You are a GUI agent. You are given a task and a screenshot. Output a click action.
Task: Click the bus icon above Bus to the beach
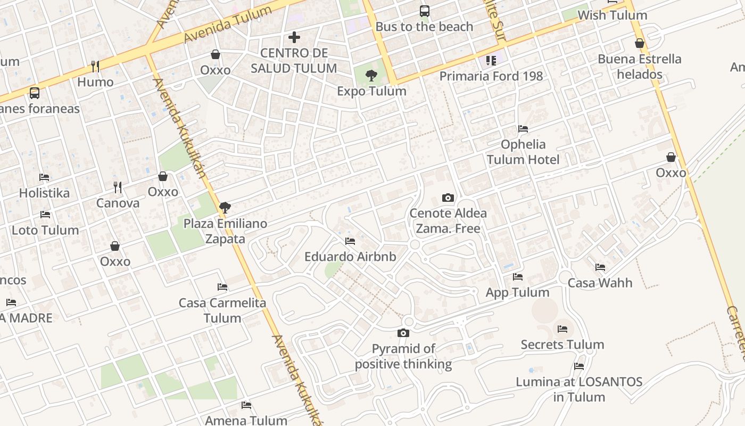click(x=424, y=11)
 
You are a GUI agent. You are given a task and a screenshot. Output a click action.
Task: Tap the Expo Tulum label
click(x=371, y=91)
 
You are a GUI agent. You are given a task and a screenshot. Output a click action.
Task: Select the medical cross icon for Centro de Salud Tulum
click(x=294, y=37)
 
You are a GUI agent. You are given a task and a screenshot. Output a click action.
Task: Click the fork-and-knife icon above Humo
click(x=95, y=66)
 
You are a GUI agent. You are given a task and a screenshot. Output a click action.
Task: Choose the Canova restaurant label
click(x=118, y=203)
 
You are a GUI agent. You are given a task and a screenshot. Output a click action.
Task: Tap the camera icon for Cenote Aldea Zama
click(x=448, y=198)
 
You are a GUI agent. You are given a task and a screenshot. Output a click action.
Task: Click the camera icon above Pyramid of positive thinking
click(x=403, y=333)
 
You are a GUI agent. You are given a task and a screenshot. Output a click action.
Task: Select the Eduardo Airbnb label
click(x=350, y=257)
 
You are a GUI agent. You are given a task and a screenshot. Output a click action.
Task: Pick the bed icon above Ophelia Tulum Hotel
click(x=523, y=129)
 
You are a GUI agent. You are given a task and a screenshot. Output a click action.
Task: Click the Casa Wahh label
click(x=600, y=283)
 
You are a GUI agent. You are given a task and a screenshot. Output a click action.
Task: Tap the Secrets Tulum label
click(x=562, y=345)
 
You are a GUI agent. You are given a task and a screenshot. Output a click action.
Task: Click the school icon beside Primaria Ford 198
click(x=491, y=61)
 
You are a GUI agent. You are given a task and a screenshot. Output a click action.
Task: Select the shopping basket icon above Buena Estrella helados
click(x=640, y=43)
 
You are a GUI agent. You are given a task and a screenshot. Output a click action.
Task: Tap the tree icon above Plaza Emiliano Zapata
click(x=225, y=208)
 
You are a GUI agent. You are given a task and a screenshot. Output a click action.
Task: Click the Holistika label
click(x=44, y=193)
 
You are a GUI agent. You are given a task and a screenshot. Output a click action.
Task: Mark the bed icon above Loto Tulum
click(x=45, y=215)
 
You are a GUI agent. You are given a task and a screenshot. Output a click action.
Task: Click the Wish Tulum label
click(x=612, y=15)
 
